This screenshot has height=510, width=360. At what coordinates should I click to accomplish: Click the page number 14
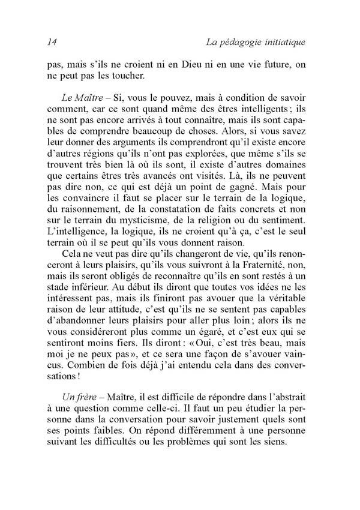[51, 42]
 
